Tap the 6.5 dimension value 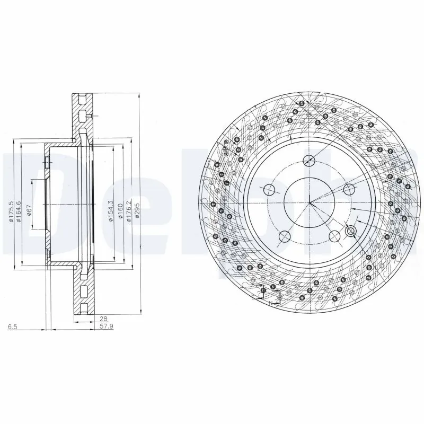(12, 327)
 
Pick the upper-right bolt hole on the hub (348, 189)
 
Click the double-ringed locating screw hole (350, 231)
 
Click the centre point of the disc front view (310, 202)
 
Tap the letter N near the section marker (270, 303)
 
